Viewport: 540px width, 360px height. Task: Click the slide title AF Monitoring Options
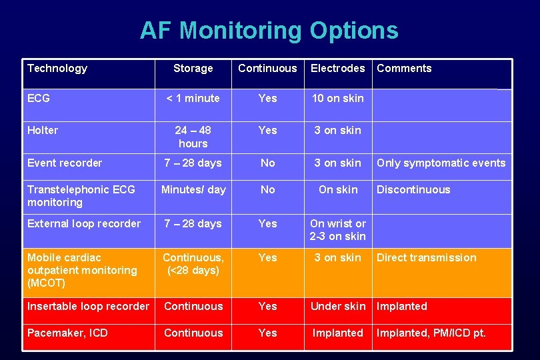(269, 31)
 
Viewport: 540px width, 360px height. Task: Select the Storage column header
(193, 68)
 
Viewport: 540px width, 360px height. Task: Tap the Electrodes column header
(337, 68)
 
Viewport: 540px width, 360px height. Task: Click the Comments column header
(404, 68)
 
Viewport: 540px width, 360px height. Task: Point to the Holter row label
(43, 130)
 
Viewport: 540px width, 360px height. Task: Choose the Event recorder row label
(65, 163)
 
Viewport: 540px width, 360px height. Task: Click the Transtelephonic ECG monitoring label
(81, 196)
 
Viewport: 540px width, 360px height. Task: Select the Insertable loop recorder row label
(88, 306)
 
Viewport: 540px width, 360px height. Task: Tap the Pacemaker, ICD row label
(67, 333)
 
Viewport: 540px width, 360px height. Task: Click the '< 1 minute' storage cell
(193, 98)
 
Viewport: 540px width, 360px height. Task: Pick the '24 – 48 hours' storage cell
(193, 137)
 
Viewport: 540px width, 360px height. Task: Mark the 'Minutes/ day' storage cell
(193, 189)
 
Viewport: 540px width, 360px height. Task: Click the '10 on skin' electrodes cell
(337, 98)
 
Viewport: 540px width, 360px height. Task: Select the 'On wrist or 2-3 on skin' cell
(337, 230)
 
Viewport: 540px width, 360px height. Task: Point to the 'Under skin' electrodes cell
(337, 306)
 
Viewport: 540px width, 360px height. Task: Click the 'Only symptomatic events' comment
(441, 163)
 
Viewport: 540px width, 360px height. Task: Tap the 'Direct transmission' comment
(426, 257)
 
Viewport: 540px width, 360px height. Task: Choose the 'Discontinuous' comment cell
(413, 189)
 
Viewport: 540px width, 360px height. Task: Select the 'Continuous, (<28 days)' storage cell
(193, 264)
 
